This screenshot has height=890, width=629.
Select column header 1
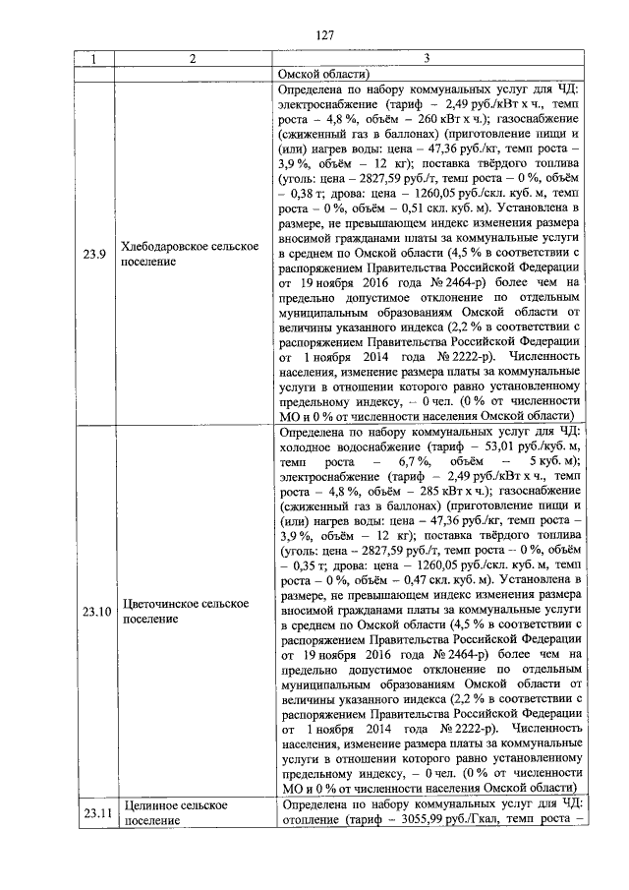[x=93, y=59]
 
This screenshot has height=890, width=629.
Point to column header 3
[x=429, y=59]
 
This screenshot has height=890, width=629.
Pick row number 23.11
[x=94, y=812]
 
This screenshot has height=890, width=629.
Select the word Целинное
[x=151, y=805]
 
